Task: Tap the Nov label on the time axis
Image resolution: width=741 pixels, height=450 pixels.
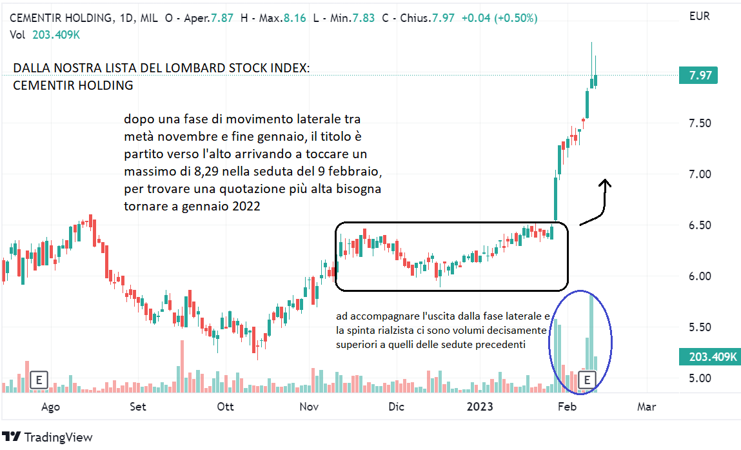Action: coord(310,407)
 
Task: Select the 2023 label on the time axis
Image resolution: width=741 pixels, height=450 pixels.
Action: coord(480,407)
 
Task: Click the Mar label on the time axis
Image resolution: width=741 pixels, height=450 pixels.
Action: coord(646,407)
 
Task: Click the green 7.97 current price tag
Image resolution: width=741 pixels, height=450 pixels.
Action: coord(700,76)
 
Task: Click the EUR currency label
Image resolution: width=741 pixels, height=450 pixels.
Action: coord(700,17)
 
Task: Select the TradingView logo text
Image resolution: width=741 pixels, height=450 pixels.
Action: coord(58,437)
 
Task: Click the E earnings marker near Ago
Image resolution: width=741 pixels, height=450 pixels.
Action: coord(39,380)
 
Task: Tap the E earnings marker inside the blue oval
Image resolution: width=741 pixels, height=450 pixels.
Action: coord(588,380)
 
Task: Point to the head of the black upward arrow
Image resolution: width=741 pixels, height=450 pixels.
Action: coord(605,183)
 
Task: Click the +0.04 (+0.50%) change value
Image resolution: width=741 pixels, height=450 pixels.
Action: coord(499,18)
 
